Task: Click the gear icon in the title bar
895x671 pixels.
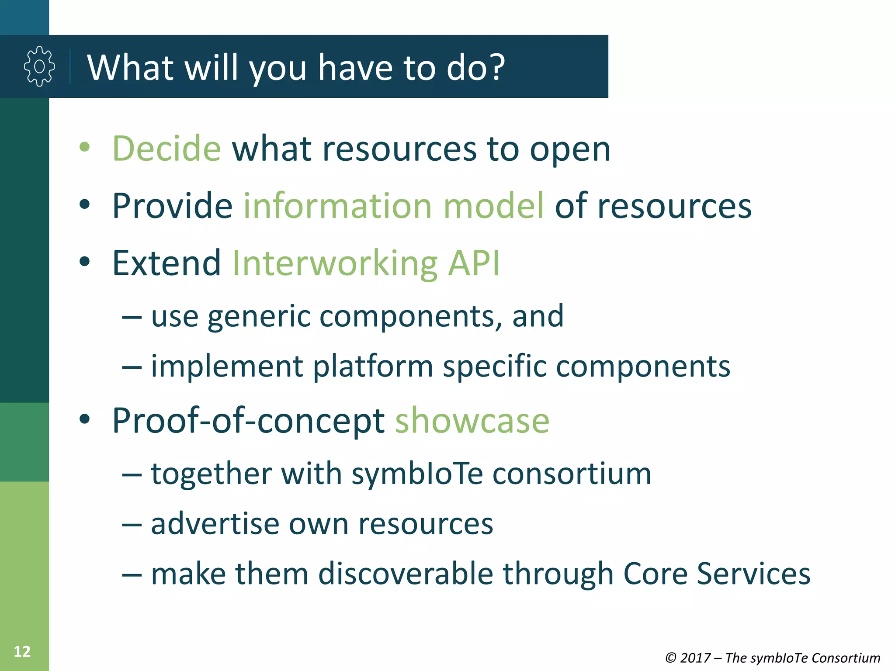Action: point(39,66)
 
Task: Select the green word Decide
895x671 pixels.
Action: point(167,149)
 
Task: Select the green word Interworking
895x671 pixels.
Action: point(335,264)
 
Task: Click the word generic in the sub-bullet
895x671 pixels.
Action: point(259,316)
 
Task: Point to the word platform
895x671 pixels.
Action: point(373,367)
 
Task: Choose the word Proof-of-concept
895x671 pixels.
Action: point(248,421)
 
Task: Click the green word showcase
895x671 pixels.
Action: point(472,421)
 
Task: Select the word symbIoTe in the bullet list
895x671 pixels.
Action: point(417,474)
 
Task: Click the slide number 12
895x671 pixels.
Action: point(22,651)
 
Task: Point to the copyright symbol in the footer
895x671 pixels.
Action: point(671,658)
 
